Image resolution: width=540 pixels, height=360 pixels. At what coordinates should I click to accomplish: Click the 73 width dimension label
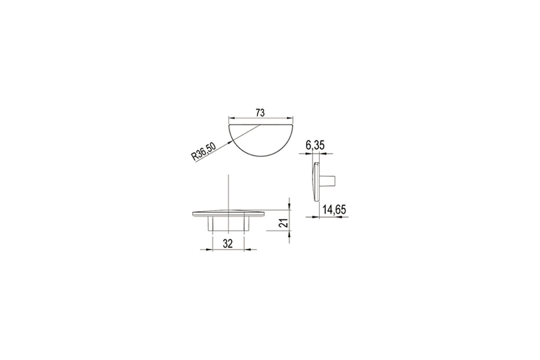260,113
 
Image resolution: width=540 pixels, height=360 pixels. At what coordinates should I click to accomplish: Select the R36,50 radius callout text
203,152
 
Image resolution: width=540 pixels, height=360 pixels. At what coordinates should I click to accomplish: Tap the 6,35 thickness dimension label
315,145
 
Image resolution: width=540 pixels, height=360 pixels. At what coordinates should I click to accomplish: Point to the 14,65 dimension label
334,210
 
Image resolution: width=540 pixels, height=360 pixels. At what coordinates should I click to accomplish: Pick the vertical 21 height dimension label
283,223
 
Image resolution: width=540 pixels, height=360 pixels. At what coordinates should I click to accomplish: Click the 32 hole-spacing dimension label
228,244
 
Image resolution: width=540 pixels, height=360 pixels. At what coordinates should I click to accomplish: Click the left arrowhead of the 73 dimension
231,118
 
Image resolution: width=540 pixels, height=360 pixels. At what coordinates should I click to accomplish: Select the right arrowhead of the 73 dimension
290,118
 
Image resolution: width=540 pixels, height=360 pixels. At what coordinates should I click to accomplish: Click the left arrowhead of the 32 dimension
210,250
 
